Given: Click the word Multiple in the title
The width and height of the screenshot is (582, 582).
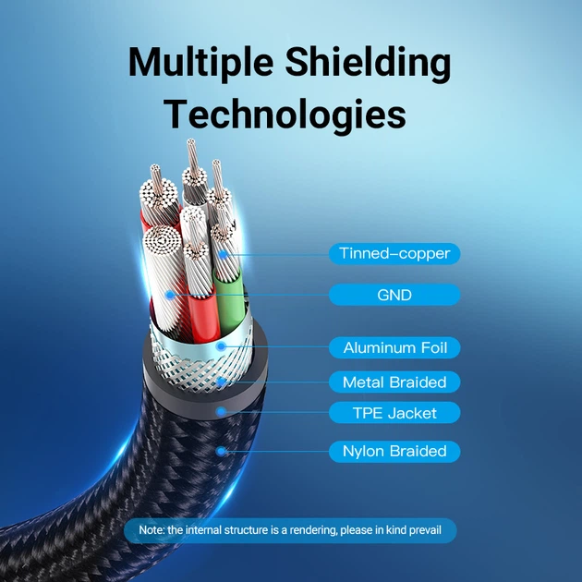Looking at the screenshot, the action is pos(200,63).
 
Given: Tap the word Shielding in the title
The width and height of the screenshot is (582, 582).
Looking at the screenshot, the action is pos(369,63).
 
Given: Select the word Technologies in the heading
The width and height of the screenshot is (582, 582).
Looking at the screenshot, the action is pos(285,114).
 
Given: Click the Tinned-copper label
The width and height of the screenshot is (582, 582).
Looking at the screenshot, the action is pos(394,253).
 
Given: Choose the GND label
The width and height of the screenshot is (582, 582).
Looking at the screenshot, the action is pos(394,295).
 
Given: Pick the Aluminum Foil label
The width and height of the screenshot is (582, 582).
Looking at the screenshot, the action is pos(394,347).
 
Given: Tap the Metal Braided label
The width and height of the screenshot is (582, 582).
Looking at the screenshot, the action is pos(394,382).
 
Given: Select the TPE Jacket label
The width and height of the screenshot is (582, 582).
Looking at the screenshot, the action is pos(394,413).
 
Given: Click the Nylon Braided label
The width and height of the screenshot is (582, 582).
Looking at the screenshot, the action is pos(394,452).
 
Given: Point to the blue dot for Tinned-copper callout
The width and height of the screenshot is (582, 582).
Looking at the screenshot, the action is pos(223,255).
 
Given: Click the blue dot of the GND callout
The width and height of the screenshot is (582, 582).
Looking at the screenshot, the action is pos(170,295).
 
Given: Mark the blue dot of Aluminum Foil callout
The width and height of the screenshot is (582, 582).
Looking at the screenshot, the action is pos(222,346).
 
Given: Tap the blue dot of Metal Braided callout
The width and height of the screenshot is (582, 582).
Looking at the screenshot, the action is pos(222,382).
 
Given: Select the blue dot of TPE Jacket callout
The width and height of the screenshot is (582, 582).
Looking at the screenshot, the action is pos(222,411).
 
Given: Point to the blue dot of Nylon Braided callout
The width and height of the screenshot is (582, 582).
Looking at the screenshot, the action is pos(222,452).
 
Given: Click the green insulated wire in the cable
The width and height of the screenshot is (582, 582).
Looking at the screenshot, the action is pos(229,302).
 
